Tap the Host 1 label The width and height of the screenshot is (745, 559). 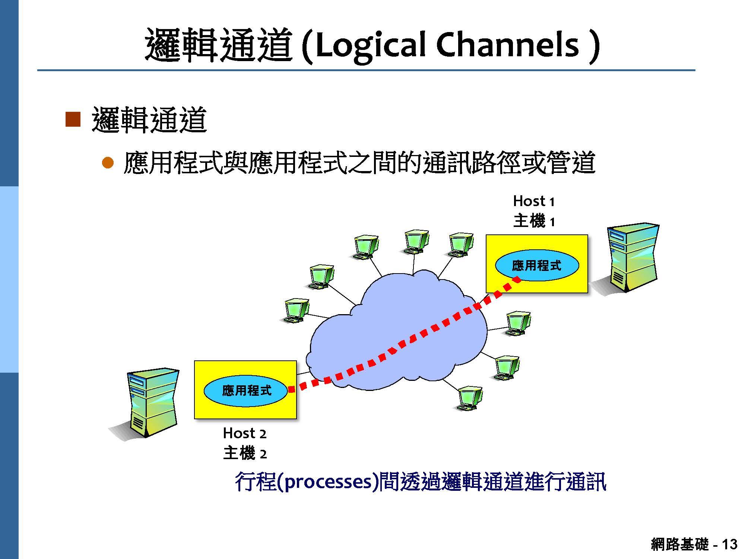click(533, 201)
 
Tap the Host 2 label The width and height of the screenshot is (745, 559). click(244, 433)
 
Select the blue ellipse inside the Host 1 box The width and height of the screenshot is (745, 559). click(536, 265)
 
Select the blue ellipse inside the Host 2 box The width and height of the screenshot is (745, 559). click(246, 390)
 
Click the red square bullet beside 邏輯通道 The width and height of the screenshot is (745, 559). click(73, 119)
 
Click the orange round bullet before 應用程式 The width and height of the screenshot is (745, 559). click(108, 163)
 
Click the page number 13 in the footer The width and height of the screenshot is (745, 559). click(729, 544)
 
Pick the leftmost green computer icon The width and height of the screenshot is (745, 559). click(296, 310)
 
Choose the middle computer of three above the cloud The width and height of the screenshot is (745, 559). click(416, 241)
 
